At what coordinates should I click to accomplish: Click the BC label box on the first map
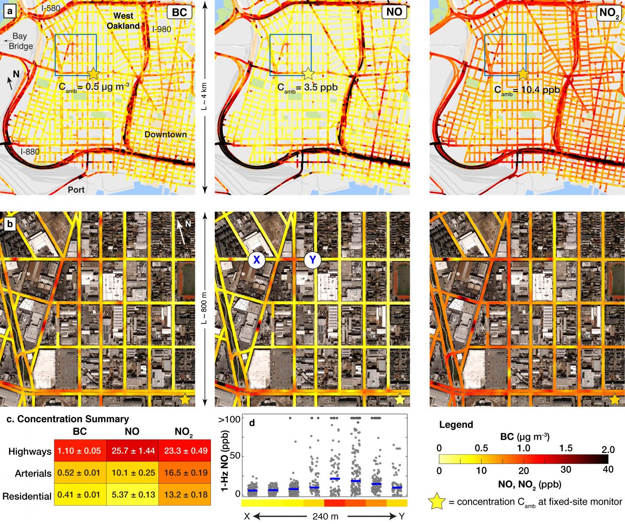coord(179,12)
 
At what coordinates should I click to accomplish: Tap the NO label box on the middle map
coord(394,12)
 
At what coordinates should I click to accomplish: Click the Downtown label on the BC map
coord(165,135)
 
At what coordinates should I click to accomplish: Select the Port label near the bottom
coord(76,190)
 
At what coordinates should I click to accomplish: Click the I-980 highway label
coord(161,30)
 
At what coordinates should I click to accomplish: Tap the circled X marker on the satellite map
coord(257,260)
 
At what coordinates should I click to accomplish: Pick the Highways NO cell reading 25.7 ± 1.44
coord(132,451)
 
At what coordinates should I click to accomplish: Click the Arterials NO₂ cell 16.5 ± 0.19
coord(184,473)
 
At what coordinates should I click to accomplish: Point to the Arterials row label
coord(30,473)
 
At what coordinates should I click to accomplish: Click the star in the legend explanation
coord(437,502)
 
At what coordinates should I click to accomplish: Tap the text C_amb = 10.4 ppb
coord(527,90)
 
